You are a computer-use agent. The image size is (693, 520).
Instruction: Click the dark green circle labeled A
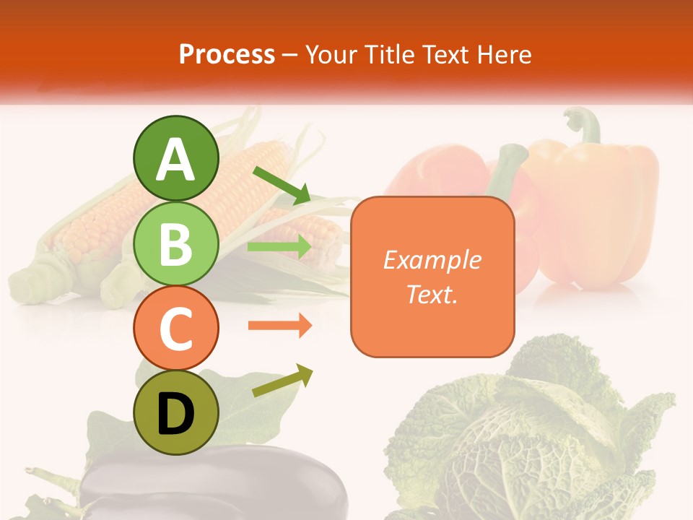(175, 159)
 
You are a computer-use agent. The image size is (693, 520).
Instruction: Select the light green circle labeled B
(175, 244)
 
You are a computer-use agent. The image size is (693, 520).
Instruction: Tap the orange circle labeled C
(175, 329)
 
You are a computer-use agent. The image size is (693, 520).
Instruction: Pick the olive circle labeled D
(175, 413)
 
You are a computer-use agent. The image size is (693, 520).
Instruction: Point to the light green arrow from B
(279, 247)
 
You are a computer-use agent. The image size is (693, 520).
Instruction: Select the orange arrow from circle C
(279, 326)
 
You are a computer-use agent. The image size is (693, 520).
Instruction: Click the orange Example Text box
(432, 277)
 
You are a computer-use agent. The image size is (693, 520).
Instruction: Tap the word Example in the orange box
(432, 260)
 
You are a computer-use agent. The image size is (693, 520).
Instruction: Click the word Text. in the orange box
(432, 295)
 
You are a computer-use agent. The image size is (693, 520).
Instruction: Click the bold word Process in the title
(227, 54)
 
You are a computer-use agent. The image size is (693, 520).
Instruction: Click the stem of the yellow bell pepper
(586, 126)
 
